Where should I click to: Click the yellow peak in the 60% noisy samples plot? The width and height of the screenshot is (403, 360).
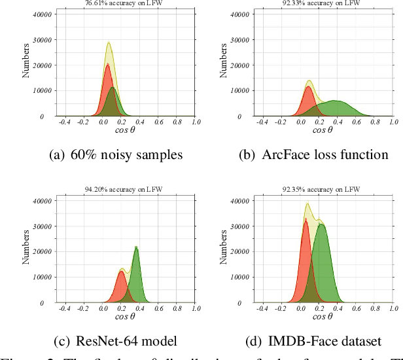pyautogui.click(x=109, y=43)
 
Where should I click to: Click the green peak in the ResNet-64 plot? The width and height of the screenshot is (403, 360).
pyautogui.click(x=136, y=247)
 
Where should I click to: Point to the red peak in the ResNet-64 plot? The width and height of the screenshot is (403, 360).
pyautogui.click(x=121, y=272)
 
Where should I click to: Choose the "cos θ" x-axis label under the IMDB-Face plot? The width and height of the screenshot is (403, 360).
pyautogui.click(x=323, y=317)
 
